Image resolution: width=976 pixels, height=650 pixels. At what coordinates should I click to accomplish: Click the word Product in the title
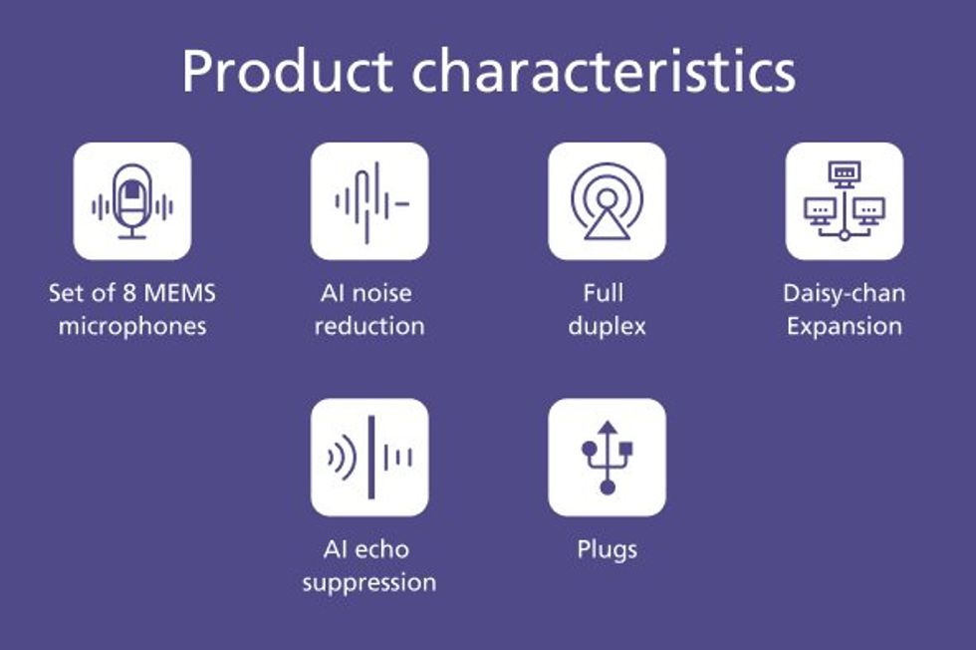pyautogui.click(x=288, y=71)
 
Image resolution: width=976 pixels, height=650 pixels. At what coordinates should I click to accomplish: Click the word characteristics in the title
pyautogui.click(x=604, y=71)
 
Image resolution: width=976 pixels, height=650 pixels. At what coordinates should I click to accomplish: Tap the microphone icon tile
pyautogui.click(x=131, y=200)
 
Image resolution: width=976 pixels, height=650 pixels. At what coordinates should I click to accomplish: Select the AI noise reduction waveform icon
pyautogui.click(x=369, y=200)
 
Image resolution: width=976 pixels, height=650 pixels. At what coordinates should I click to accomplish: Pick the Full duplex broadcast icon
pyautogui.click(x=607, y=200)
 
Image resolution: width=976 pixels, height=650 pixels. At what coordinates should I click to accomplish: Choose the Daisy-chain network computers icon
pyautogui.click(x=845, y=200)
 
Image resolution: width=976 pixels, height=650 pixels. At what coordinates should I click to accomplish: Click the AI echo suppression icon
pyautogui.click(x=369, y=457)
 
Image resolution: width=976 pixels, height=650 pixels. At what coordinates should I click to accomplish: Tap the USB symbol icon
pyautogui.click(x=607, y=457)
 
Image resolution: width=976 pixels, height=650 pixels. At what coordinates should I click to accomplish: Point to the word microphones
pyautogui.click(x=132, y=326)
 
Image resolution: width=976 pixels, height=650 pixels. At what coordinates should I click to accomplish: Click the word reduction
pyautogui.click(x=369, y=326)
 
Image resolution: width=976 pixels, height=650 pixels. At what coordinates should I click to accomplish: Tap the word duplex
pyautogui.click(x=607, y=327)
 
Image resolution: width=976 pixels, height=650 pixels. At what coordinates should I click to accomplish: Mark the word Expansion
pyautogui.click(x=845, y=327)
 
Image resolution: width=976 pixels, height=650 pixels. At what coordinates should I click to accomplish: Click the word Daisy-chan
pyautogui.click(x=845, y=293)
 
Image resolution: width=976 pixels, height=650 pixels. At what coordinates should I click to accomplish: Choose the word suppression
pyautogui.click(x=369, y=583)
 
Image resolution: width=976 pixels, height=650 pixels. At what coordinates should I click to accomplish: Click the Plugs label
pyautogui.click(x=607, y=550)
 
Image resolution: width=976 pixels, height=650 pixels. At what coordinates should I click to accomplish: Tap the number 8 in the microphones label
pyautogui.click(x=130, y=293)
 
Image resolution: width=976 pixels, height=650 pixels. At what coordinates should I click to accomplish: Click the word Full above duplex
pyautogui.click(x=604, y=293)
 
